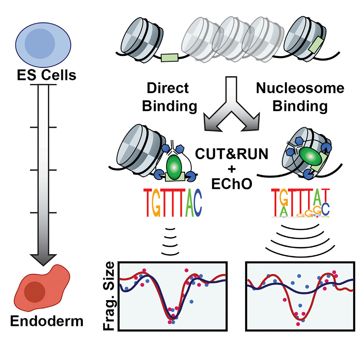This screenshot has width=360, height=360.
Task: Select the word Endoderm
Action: tap(47, 321)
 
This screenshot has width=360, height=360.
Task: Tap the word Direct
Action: tap(168, 88)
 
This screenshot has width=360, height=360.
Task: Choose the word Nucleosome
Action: tap(300, 88)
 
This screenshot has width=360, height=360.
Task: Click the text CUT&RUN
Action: tap(232, 154)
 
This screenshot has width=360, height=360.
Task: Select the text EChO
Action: tap(232, 184)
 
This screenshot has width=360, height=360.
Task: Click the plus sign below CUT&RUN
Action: tap(232, 169)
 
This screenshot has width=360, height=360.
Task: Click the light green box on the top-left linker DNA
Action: tap(169, 57)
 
